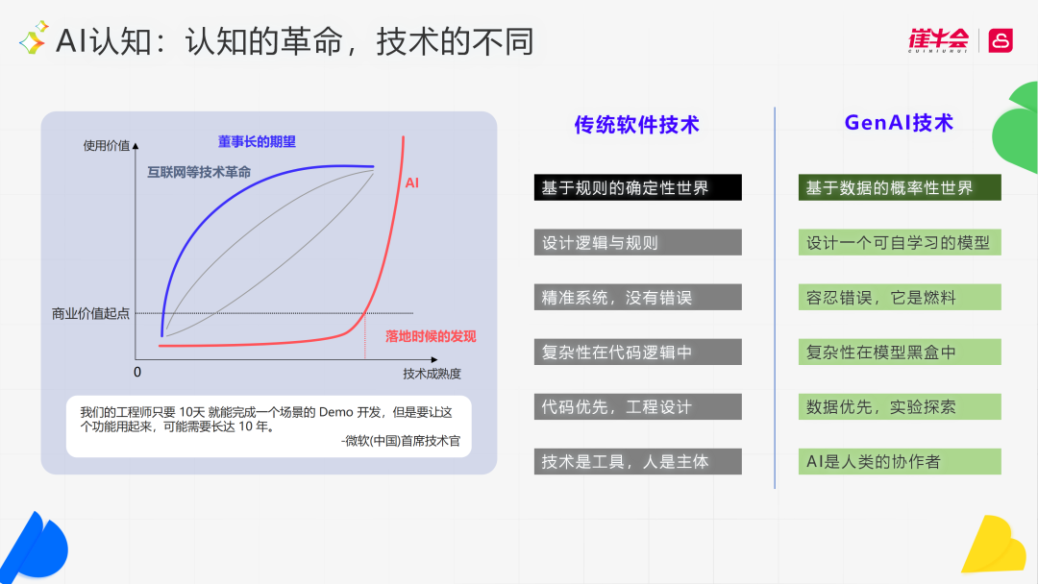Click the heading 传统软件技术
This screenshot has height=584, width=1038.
tap(636, 125)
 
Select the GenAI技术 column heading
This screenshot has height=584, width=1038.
tap(899, 123)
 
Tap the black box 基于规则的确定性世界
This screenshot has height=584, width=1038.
tap(637, 187)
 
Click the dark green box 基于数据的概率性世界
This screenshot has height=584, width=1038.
tap(900, 187)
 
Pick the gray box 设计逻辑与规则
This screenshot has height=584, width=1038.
tap(637, 242)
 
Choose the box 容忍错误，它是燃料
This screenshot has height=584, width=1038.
tap(900, 297)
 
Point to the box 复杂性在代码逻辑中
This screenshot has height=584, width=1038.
tap(637, 352)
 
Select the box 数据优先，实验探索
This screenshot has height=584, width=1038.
tap(900, 406)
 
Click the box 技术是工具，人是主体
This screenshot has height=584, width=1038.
tap(637, 461)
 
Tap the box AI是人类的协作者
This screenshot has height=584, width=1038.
tap(900, 461)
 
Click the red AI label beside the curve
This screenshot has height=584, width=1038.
tap(411, 182)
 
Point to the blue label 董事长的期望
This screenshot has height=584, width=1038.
tap(257, 142)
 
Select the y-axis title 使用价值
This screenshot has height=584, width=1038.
tap(106, 146)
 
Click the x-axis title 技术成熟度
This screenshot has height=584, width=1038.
tap(432, 373)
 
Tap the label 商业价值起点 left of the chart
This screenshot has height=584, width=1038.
tap(90, 313)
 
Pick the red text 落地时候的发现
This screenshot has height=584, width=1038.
tap(430, 336)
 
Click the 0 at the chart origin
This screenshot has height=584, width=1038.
tap(136, 372)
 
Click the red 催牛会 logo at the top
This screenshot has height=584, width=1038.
tap(938, 39)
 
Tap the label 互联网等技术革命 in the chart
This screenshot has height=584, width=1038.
tap(199, 172)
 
